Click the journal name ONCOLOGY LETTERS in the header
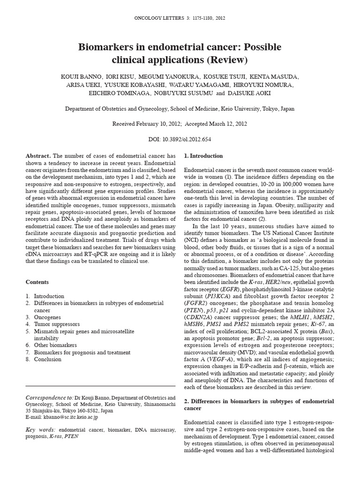tap(161, 18)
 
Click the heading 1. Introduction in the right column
tap(203, 156)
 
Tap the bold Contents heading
tap(37, 282)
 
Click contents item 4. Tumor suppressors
tap(52, 324)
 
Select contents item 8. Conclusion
tap(44, 359)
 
